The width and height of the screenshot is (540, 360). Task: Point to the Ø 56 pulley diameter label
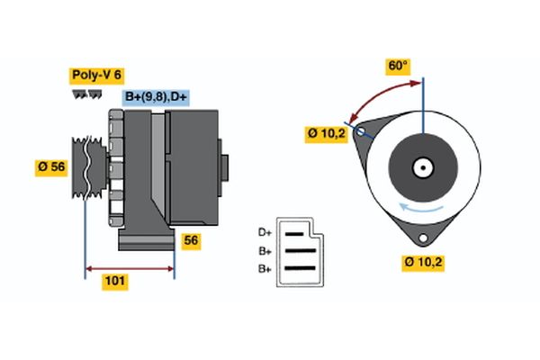tap(53, 166)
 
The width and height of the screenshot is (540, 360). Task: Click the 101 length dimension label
tap(114, 282)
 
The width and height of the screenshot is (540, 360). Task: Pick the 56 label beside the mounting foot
tap(191, 240)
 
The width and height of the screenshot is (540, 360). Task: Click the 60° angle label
tap(398, 67)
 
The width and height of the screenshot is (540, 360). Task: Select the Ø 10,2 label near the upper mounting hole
tap(327, 134)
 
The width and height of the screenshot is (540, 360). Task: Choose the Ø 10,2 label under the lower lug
tap(423, 262)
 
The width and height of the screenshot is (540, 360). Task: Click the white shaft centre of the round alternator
tap(421, 166)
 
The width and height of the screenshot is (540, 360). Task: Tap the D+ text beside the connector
tap(265, 233)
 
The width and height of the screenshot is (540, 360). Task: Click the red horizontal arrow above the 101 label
tap(130, 268)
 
